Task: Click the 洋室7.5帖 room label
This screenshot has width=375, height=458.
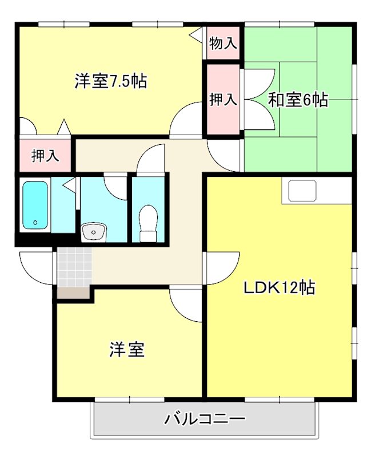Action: pos(110,81)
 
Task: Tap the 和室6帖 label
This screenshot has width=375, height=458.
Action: pos(298,100)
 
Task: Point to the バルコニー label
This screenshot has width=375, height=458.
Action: pos(205,419)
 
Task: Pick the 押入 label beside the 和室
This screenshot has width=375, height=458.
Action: pos(223,100)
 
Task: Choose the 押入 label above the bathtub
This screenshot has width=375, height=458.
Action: pos(45,156)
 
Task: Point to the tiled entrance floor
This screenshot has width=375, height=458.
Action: pos(74,267)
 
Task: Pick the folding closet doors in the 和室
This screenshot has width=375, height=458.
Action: pos(261,100)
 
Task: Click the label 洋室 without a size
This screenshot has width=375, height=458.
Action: pos(127,350)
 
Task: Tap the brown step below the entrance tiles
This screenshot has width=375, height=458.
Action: pos(74,293)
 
